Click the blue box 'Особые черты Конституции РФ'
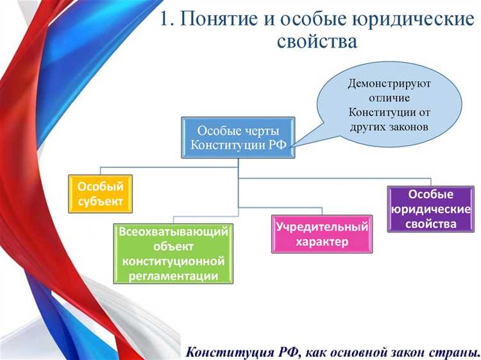tap(238, 137)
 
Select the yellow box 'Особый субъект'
tap(100, 194)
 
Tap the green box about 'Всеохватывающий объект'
tap(173, 254)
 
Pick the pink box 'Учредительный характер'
tap(322, 234)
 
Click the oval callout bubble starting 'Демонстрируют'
tap(390, 105)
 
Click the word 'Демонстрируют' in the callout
tap(389, 84)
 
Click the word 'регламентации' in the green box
tap(173, 276)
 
